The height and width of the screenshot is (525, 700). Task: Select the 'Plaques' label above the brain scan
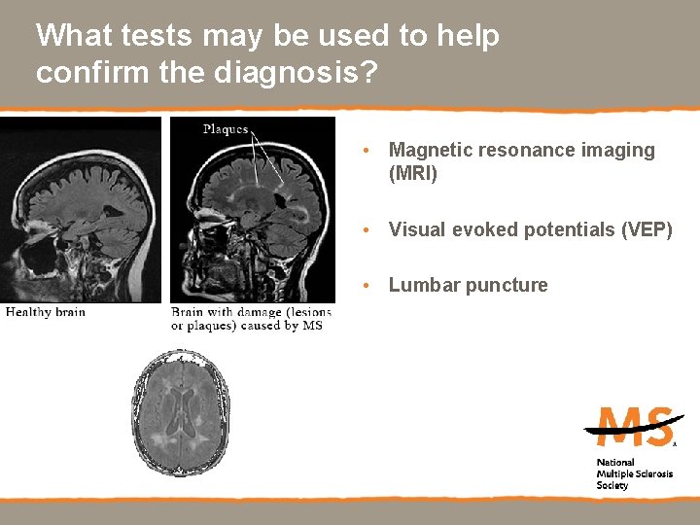[x=226, y=129]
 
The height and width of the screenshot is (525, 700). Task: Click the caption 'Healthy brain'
[x=46, y=312]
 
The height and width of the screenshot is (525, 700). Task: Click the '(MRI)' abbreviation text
[x=413, y=174]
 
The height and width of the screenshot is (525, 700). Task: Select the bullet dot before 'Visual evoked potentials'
[x=363, y=231]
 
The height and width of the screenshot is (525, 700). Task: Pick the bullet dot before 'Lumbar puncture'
[x=363, y=287]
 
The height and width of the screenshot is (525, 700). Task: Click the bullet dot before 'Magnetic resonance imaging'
[x=363, y=152]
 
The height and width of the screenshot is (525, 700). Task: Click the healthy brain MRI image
[x=80, y=209]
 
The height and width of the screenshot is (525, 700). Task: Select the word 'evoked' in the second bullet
[x=475, y=229]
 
